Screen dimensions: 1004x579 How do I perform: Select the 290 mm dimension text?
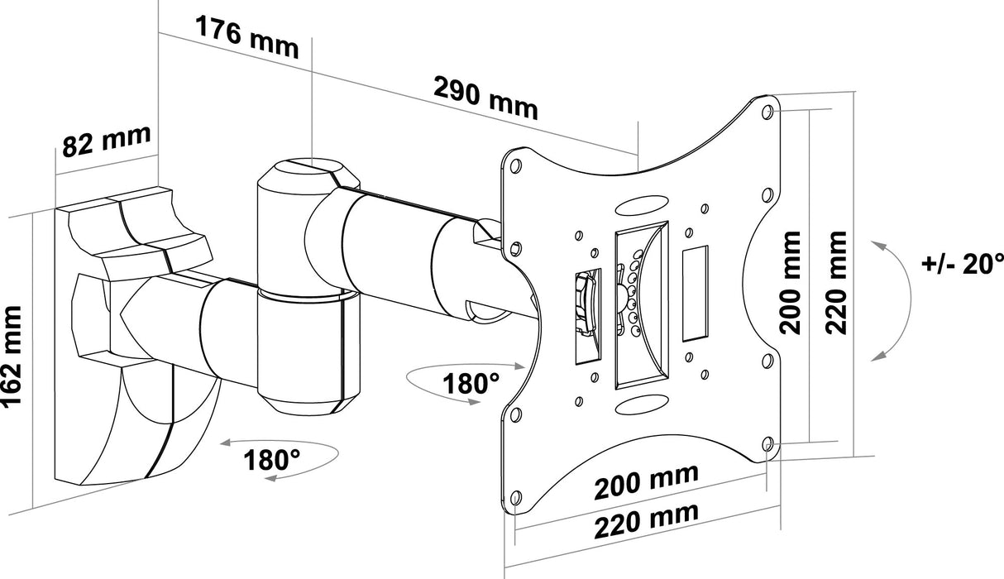pos(485,98)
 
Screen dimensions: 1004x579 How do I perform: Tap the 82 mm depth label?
pos(107,141)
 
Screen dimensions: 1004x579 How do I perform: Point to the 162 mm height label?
pos(12,356)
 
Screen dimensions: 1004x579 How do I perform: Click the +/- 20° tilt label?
pos(963,264)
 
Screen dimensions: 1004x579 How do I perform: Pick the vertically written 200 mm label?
pos(790,283)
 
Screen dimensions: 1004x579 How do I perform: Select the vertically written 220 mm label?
pos(836,283)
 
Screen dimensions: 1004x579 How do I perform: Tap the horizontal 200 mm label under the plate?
pos(647,481)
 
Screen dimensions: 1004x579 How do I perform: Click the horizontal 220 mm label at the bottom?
pos(647,521)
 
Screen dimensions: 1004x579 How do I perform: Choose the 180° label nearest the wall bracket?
pos(271,460)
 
